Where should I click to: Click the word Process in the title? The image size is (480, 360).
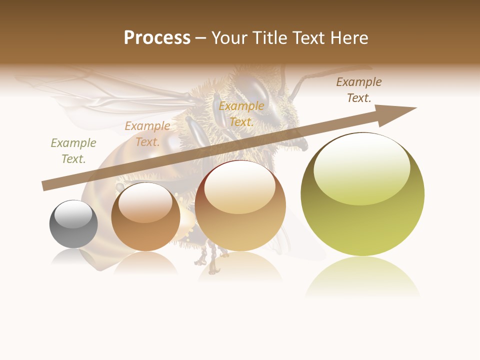pyautogui.click(x=157, y=38)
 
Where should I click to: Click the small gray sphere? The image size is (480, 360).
pyautogui.click(x=73, y=224)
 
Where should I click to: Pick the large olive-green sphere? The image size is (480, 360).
pyautogui.click(x=362, y=195)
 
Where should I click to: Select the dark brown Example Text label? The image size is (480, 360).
pyautogui.click(x=359, y=90)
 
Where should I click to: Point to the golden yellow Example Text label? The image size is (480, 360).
pyautogui.click(x=241, y=114)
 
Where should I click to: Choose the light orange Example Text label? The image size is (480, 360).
pyautogui.click(x=147, y=134)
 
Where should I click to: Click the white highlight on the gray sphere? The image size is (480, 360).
pyautogui.click(x=73, y=213)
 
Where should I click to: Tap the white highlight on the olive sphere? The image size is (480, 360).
pyautogui.click(x=361, y=167)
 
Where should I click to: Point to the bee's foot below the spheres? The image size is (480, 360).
pyautogui.click(x=213, y=270)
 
